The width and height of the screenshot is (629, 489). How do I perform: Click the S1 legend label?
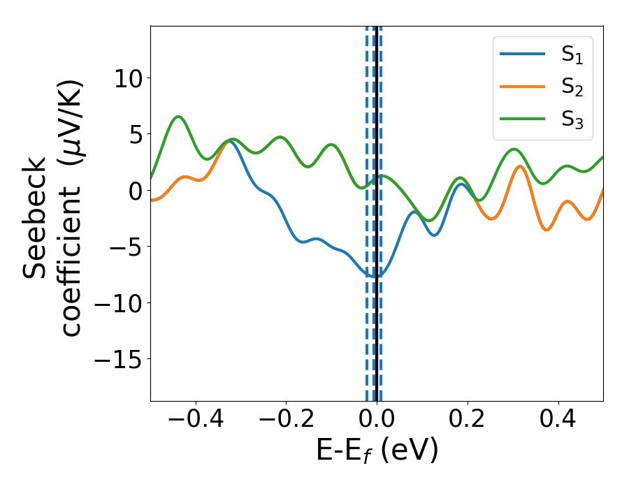572,55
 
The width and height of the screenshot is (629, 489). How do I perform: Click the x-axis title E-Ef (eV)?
377,451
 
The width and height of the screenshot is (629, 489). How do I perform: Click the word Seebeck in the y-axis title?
36,219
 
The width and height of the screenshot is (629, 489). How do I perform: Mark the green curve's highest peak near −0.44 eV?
178,117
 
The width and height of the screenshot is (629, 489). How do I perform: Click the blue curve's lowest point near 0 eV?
373,276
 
